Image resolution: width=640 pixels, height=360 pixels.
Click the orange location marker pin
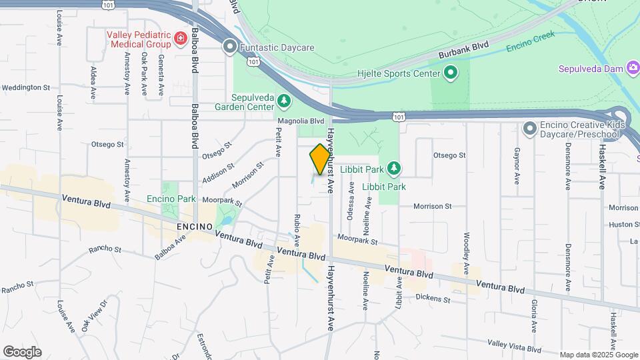[321, 159]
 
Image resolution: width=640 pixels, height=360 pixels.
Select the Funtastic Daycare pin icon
[230, 47]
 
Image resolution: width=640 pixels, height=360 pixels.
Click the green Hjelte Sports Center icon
[451, 73]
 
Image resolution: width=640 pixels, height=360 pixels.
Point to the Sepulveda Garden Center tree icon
[285, 101]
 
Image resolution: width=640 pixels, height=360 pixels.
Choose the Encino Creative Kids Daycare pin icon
[530, 127]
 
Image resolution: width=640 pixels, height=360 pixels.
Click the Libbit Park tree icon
[394, 168]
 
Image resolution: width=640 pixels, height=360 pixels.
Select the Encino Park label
[171, 199]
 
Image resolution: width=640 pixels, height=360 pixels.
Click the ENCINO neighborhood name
[195, 227]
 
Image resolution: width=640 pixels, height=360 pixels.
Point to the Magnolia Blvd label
[301, 121]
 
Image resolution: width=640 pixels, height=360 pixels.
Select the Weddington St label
[26, 87]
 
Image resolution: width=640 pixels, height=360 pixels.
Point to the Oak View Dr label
[93, 317]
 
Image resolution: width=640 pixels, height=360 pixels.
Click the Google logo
[22, 351]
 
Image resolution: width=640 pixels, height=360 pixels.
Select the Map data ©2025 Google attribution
[599, 355]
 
